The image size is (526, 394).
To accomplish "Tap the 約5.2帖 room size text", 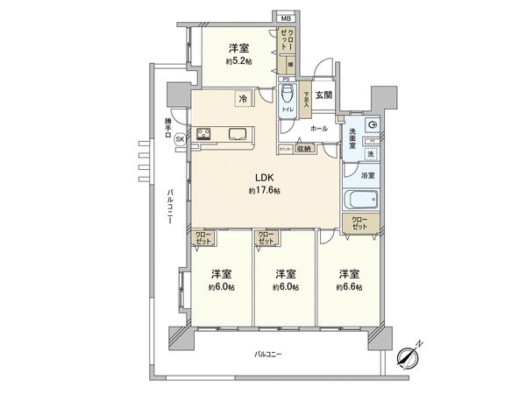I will tap(238, 63).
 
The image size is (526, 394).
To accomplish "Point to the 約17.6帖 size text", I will tap(263, 190).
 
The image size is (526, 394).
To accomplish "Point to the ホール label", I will tap(318, 129).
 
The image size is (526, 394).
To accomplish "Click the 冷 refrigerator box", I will tap(242, 100).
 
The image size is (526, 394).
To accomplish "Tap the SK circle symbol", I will tap(180, 137).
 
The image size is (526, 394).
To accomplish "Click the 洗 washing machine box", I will tap(371, 154).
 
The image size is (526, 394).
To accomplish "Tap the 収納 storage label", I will tap(303, 148).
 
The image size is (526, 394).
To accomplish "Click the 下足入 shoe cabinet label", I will tap(306, 99).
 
